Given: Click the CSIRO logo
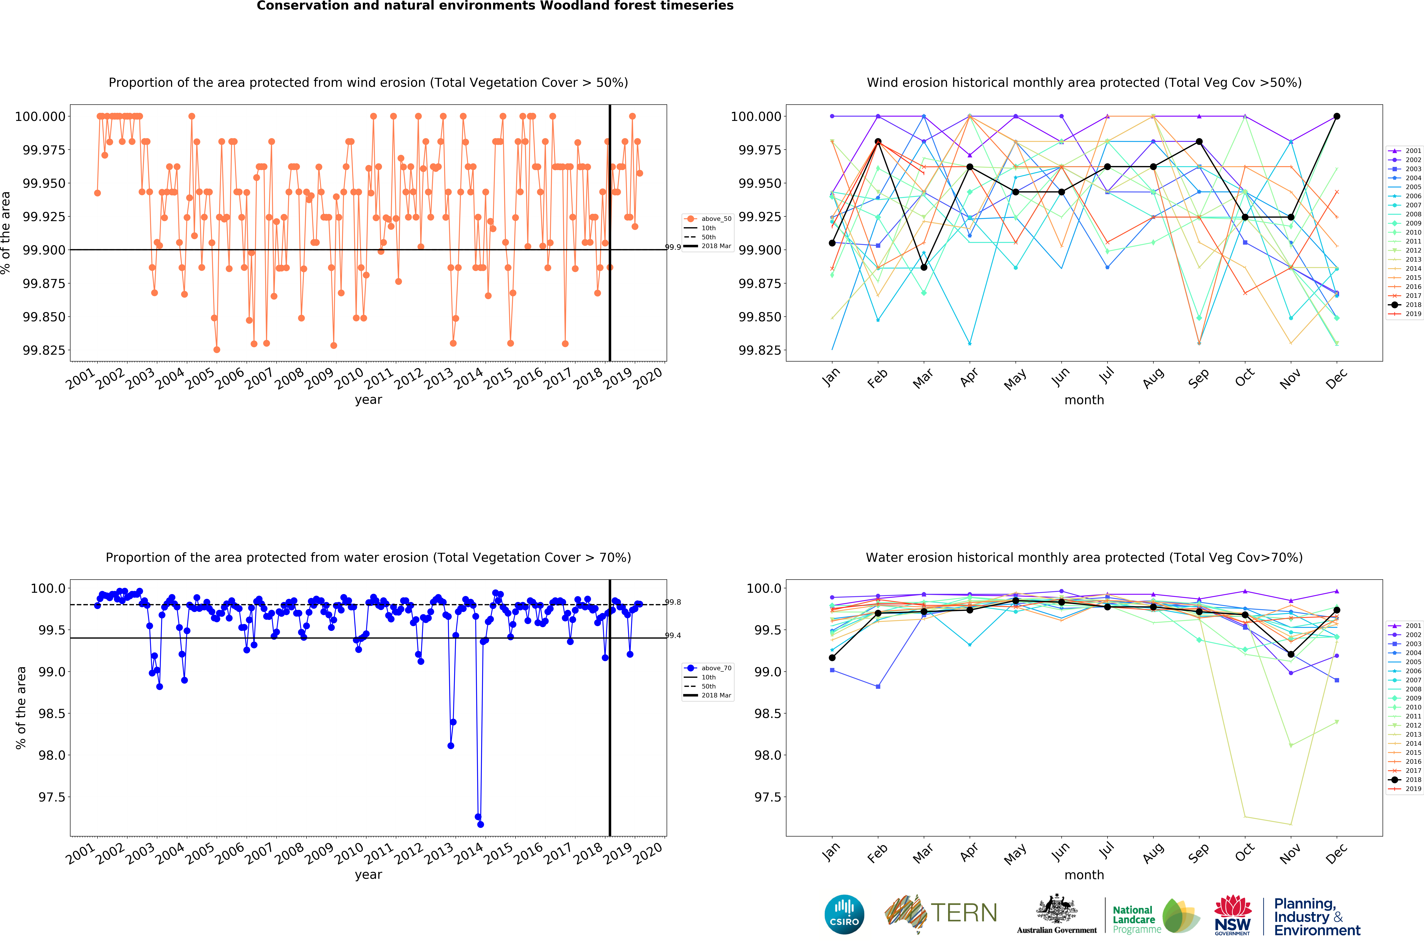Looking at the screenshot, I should tap(844, 915).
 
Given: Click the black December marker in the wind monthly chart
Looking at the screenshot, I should tap(1337, 116).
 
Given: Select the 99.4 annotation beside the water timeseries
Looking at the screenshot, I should tap(673, 636).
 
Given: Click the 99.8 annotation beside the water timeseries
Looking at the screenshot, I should tap(673, 602).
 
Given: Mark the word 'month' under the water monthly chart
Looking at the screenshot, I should tap(1084, 875).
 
